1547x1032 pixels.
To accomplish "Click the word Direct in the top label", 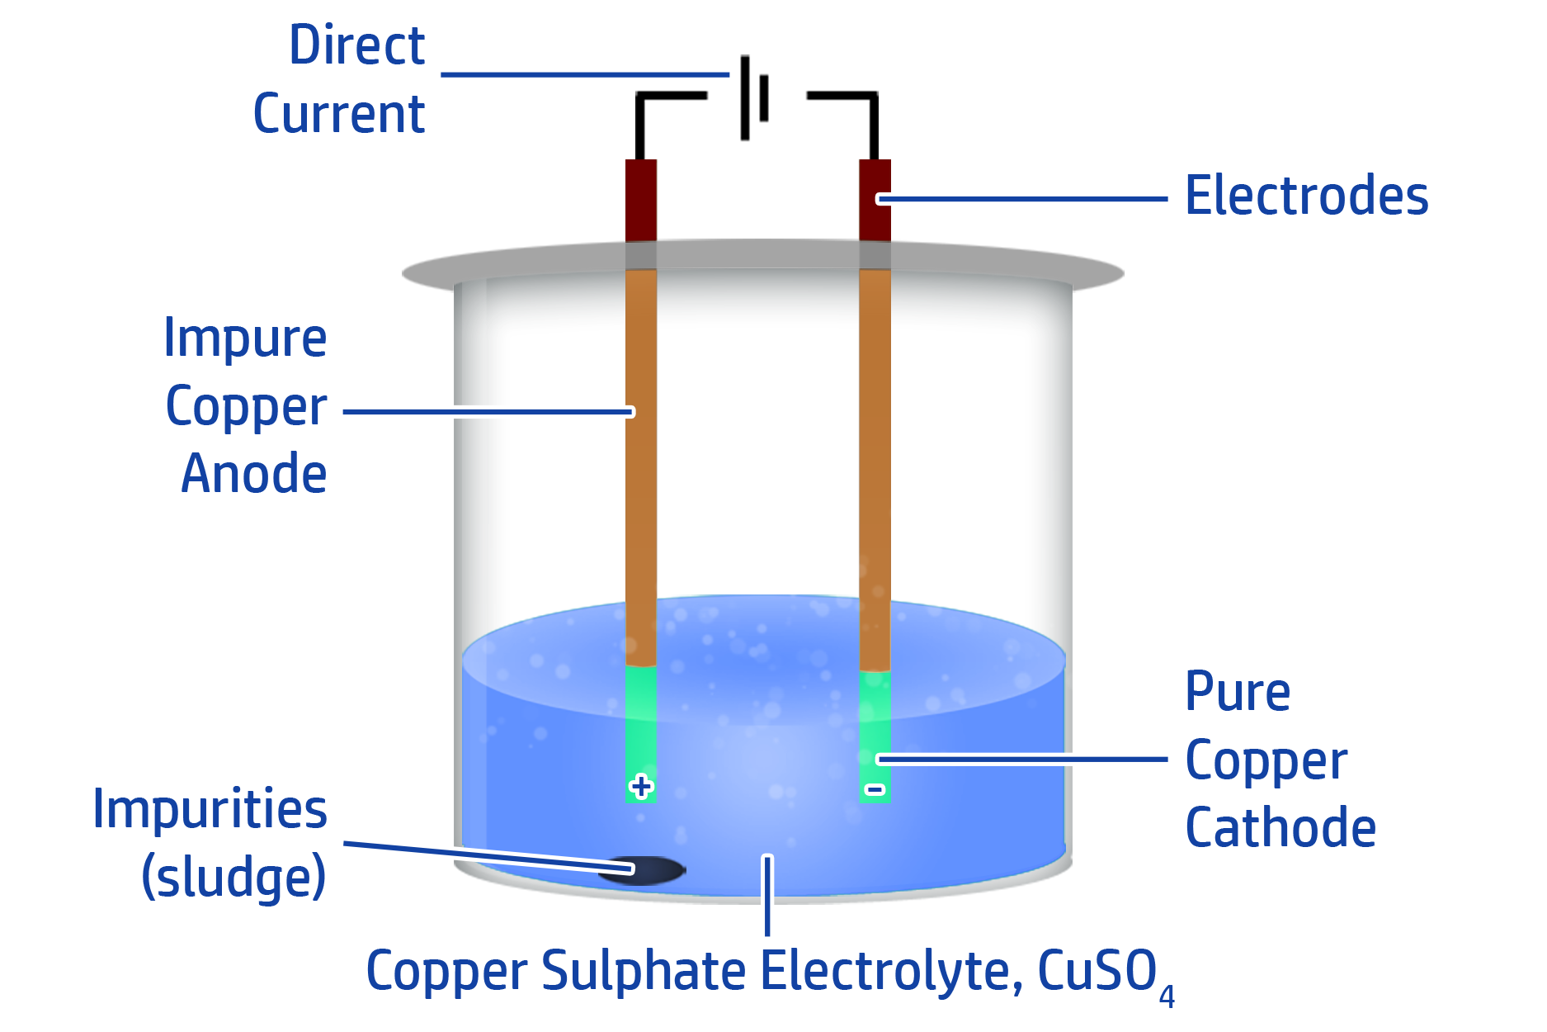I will pyautogui.click(x=356, y=45).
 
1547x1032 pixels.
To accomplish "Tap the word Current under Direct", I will pyautogui.click(x=339, y=114).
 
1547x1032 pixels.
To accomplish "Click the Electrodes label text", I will pyautogui.click(x=1306, y=196).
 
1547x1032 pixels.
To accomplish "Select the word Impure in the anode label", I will pyautogui.click(x=245, y=338).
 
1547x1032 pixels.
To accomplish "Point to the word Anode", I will pyautogui.click(x=254, y=474).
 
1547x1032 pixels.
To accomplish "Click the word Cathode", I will pyautogui.click(x=1281, y=828).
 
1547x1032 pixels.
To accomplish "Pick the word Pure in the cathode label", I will pyautogui.click(x=1238, y=692).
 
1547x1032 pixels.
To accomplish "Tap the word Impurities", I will pyautogui.click(x=210, y=809).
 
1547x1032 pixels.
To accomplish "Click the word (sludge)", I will pyautogui.click(x=234, y=877).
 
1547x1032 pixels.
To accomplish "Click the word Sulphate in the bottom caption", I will pyautogui.click(x=644, y=971).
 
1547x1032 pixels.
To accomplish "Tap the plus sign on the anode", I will pyautogui.click(x=641, y=786).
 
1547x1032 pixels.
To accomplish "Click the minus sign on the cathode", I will pyautogui.click(x=875, y=790).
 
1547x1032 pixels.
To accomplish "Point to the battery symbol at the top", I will pyautogui.click(x=755, y=97).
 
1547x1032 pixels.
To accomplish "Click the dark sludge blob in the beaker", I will pyautogui.click(x=642, y=870).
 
